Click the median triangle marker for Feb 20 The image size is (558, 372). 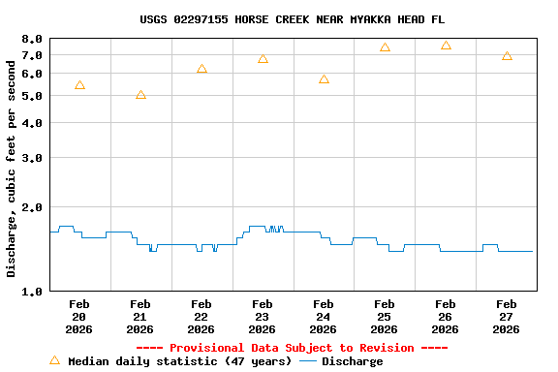click(79, 85)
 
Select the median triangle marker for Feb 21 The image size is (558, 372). click(140, 95)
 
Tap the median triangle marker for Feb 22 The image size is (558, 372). click(201, 69)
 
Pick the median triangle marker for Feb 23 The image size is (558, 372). click(263, 59)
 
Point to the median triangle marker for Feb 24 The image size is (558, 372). click(324, 79)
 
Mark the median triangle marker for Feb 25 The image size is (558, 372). click(385, 47)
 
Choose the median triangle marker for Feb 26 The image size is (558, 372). click(446, 46)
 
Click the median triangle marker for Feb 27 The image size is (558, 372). click(507, 56)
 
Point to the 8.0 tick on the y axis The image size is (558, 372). click(33, 39)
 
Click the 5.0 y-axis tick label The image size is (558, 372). click(33, 96)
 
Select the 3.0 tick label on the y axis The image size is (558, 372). click(33, 158)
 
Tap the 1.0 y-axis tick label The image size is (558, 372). click(33, 292)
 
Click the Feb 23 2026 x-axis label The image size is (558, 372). click(262, 317)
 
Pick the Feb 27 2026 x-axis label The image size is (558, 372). click(506, 317)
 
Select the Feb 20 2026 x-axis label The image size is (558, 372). click(79, 317)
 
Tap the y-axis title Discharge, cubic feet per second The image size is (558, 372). click(12, 165)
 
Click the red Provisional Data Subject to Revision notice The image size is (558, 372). click(292, 348)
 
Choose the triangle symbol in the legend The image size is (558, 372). click(55, 360)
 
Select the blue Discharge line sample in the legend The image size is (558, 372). click(308, 361)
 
